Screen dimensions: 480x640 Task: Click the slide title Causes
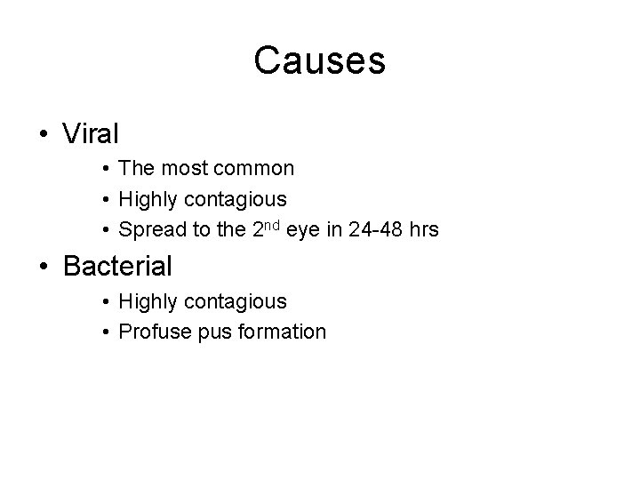(x=319, y=61)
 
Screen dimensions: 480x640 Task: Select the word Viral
(x=91, y=134)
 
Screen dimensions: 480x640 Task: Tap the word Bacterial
(x=117, y=265)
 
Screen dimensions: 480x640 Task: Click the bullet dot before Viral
(x=44, y=135)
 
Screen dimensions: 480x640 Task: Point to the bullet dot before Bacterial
(x=44, y=266)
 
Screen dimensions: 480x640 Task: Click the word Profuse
(x=150, y=332)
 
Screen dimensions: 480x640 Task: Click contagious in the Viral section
(x=237, y=199)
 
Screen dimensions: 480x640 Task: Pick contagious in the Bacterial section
(x=237, y=301)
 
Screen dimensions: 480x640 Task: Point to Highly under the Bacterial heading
(x=148, y=301)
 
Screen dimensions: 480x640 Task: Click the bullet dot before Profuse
(x=105, y=332)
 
